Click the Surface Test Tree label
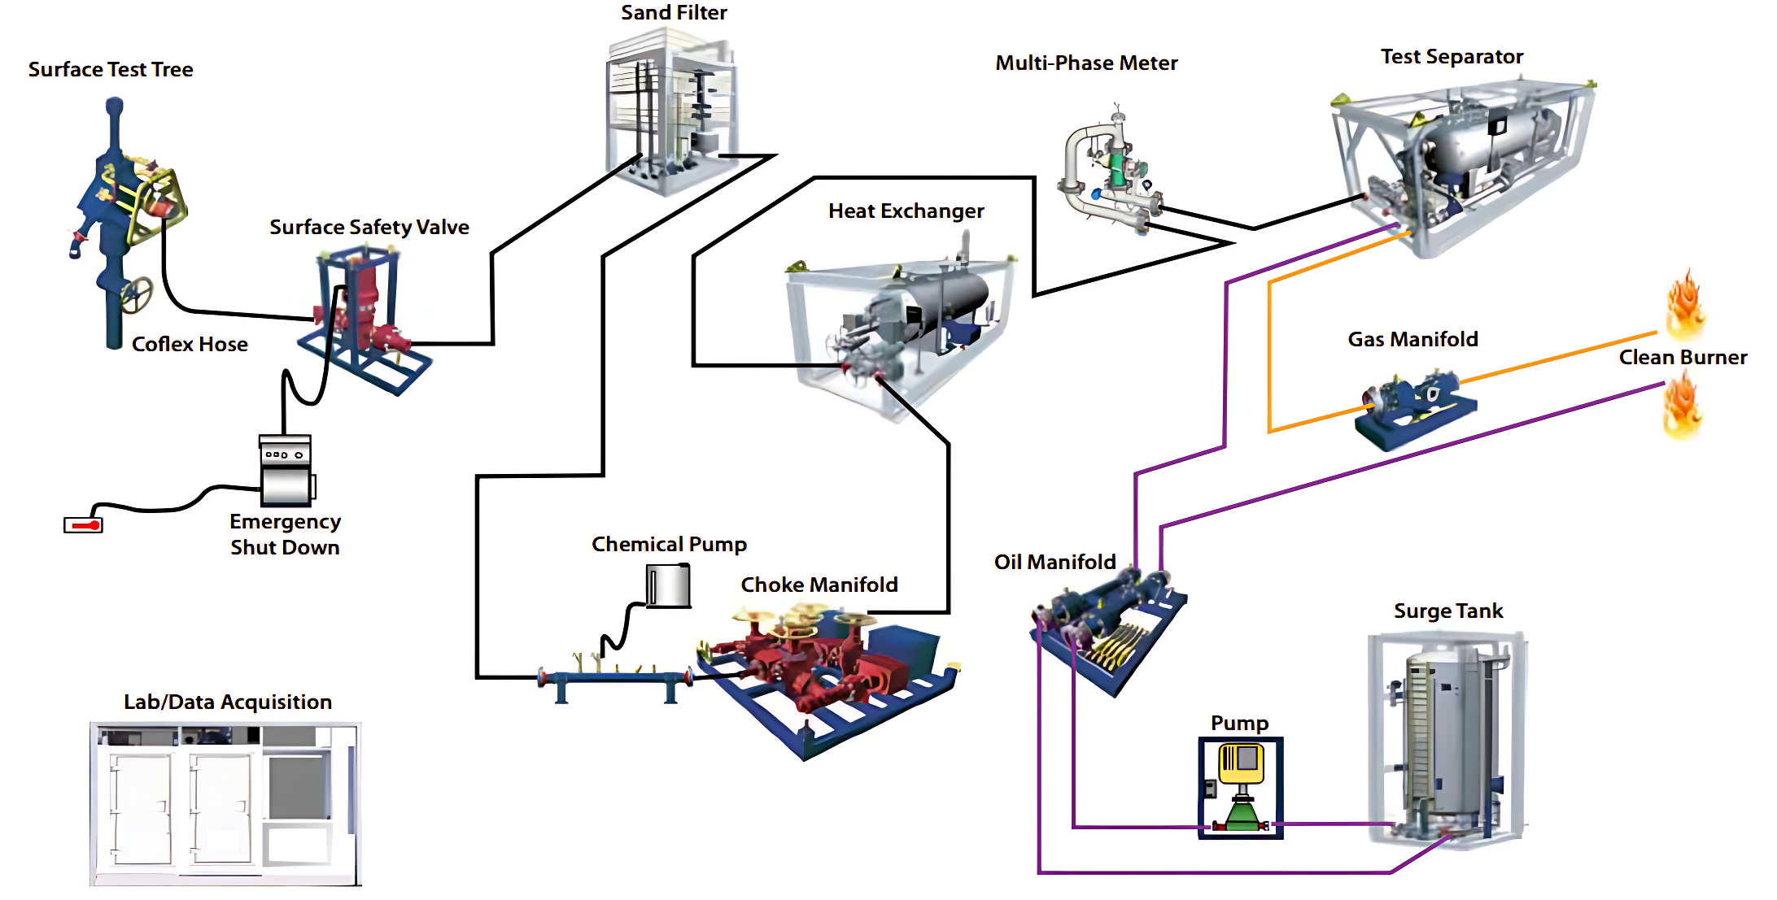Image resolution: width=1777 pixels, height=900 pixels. [111, 70]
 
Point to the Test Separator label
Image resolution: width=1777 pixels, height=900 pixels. [1452, 57]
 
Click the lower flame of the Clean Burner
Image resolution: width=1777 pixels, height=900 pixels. [1682, 407]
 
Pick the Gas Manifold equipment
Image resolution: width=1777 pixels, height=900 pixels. [1414, 408]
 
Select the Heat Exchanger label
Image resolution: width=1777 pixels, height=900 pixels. [906, 211]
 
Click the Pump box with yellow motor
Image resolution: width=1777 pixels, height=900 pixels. [1240, 787]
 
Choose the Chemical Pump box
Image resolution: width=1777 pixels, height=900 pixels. [668, 585]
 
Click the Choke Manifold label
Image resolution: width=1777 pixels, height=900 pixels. [819, 585]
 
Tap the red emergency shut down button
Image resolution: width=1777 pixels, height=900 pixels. [84, 525]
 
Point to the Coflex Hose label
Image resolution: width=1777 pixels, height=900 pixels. [190, 345]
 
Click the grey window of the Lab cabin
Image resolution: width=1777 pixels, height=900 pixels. [299, 787]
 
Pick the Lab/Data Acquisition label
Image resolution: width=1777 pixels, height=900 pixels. [228, 702]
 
